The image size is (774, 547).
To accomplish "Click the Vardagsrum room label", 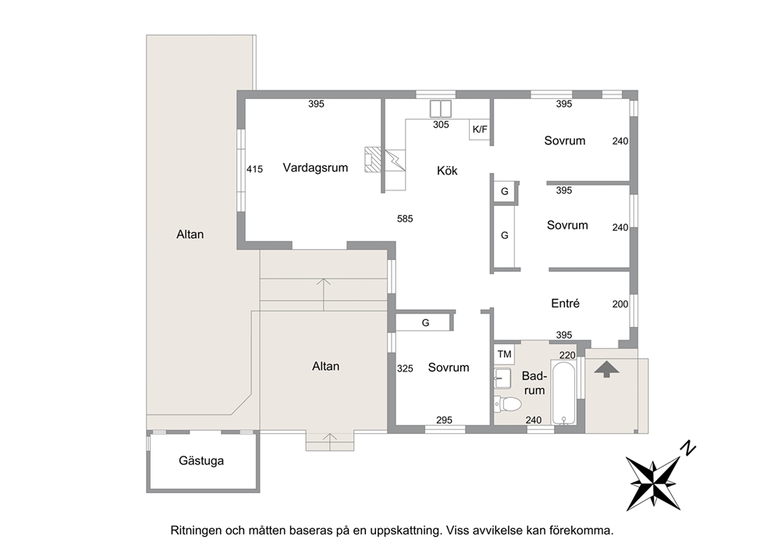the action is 315,168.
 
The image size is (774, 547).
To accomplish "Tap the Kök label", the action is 447,171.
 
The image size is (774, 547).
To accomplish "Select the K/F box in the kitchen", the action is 480,130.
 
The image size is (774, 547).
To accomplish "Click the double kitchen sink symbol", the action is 440,108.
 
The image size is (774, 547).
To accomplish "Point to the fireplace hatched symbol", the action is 373,159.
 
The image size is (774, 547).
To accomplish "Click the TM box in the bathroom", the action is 505,354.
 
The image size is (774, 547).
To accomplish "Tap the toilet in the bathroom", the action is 507,404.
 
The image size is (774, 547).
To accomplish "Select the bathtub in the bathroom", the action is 563,394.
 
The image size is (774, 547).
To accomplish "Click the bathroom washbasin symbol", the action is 502,378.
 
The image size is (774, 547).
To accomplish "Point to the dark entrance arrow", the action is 607,369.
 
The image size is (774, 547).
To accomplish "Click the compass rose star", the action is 653,483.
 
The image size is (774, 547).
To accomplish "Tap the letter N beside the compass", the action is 687,448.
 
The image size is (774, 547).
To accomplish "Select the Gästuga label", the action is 201,461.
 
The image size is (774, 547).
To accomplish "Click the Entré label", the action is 565,304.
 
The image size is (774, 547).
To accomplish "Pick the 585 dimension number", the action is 405,218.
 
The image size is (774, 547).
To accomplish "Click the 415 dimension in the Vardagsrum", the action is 254,169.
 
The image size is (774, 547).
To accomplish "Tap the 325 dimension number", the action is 405,369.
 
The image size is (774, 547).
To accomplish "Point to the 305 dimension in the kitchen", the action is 441,125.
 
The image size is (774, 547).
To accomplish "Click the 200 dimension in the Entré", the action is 620,304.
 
